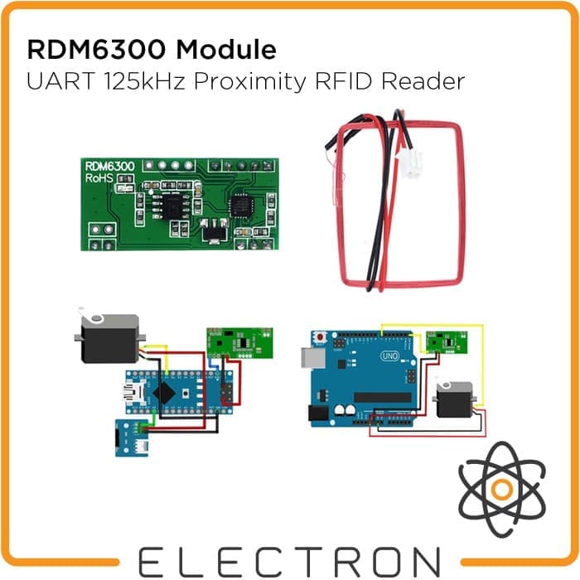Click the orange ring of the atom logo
click(x=499, y=489)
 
